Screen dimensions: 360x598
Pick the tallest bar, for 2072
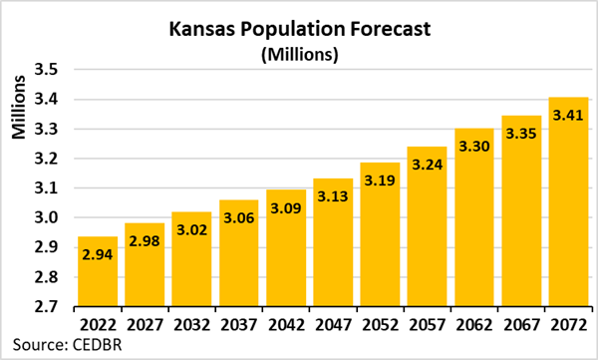[563, 219]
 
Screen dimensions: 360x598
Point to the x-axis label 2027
[144, 323]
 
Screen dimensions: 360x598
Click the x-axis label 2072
[563, 323]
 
